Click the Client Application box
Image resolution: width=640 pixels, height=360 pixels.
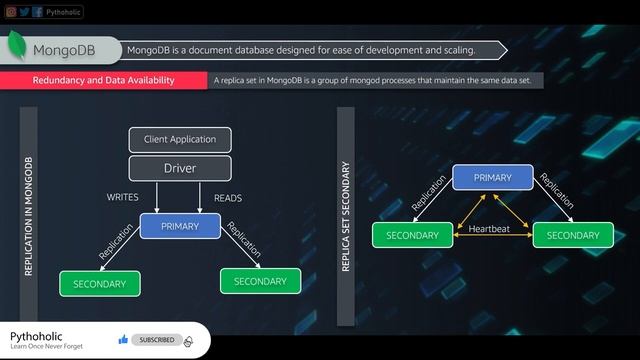click(x=180, y=139)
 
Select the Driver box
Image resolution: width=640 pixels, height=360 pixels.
click(x=180, y=168)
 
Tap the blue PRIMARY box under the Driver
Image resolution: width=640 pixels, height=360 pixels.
click(x=180, y=226)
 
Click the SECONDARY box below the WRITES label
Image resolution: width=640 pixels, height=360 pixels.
click(x=99, y=284)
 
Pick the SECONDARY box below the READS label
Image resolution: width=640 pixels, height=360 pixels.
click(x=260, y=281)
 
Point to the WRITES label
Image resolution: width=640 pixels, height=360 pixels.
click(x=123, y=197)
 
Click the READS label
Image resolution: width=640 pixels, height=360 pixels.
click(x=228, y=198)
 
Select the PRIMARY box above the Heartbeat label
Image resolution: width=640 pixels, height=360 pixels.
click(x=492, y=178)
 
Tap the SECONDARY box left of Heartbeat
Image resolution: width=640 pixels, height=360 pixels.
click(x=412, y=235)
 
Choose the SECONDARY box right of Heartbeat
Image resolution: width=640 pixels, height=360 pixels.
click(x=573, y=235)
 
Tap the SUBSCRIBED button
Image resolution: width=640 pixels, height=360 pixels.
click(x=156, y=340)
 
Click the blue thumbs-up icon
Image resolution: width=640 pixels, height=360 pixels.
click(x=123, y=340)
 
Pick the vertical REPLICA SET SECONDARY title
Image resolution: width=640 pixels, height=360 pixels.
click(x=346, y=216)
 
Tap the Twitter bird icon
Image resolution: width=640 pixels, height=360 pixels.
click(x=23, y=12)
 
